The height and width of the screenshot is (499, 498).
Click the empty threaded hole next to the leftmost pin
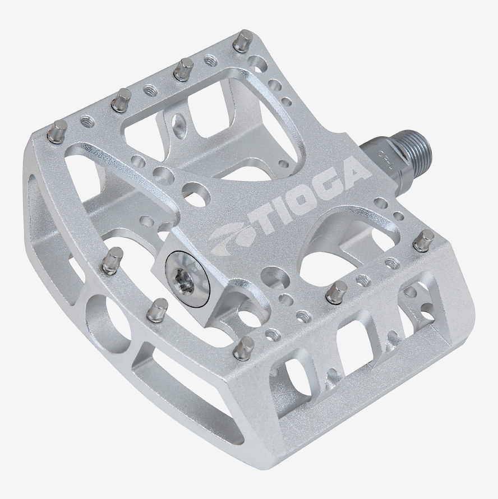(x=87, y=119)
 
